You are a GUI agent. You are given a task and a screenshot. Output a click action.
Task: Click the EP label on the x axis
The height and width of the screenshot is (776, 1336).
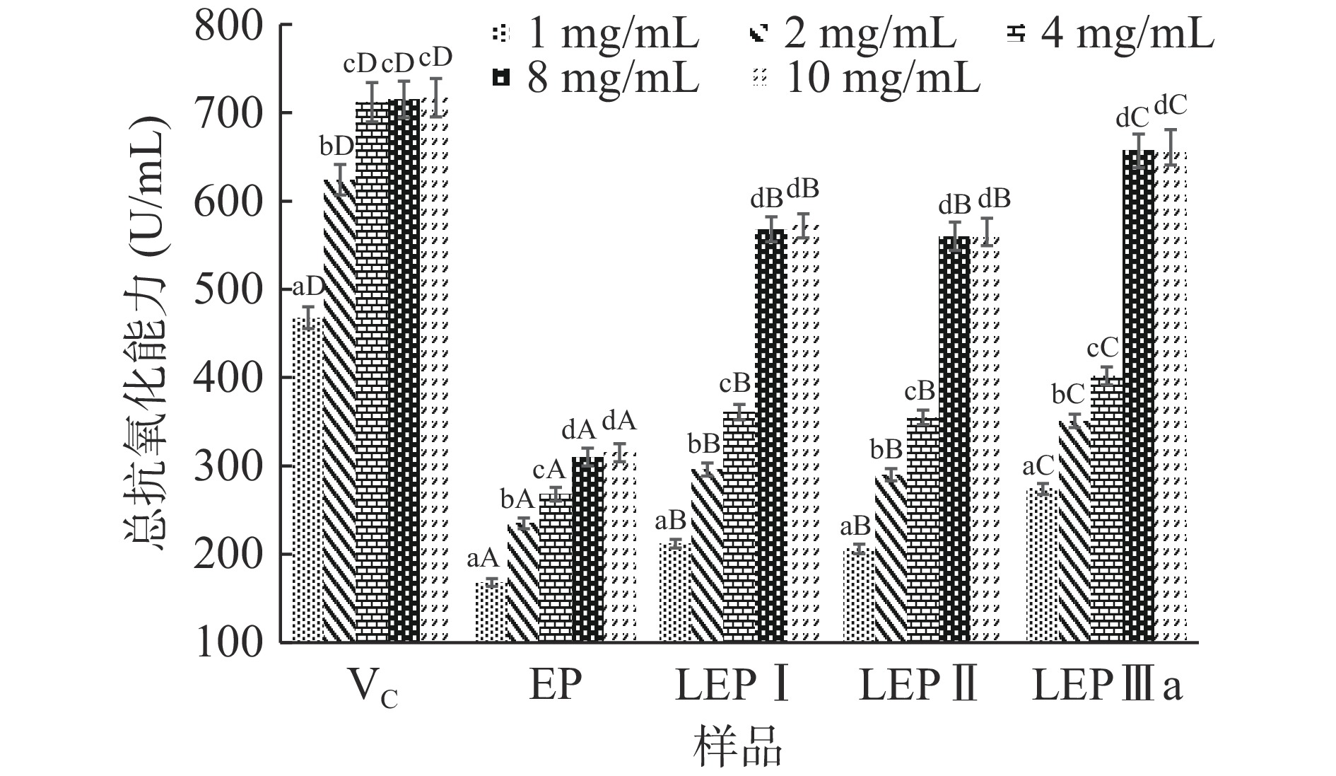tap(556, 685)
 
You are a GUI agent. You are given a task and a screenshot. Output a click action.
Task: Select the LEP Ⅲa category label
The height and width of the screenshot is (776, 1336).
tap(1107, 685)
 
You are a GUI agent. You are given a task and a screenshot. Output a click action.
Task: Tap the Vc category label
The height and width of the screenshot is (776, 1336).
tap(373, 688)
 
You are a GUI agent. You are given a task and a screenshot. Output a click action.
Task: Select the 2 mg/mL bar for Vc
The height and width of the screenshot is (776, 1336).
tap(340, 410)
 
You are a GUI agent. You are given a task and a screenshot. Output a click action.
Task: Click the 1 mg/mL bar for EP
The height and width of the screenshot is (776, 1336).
tap(491, 611)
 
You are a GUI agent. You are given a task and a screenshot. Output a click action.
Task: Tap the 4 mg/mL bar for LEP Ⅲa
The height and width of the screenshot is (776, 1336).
tap(1106, 509)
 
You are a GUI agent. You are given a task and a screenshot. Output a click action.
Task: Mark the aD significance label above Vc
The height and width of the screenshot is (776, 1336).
tap(308, 287)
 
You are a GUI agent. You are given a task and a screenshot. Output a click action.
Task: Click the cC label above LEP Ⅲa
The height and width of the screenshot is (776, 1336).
tap(1103, 347)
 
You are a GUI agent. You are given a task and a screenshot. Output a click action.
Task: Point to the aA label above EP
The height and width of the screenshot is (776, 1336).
tap(484, 559)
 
